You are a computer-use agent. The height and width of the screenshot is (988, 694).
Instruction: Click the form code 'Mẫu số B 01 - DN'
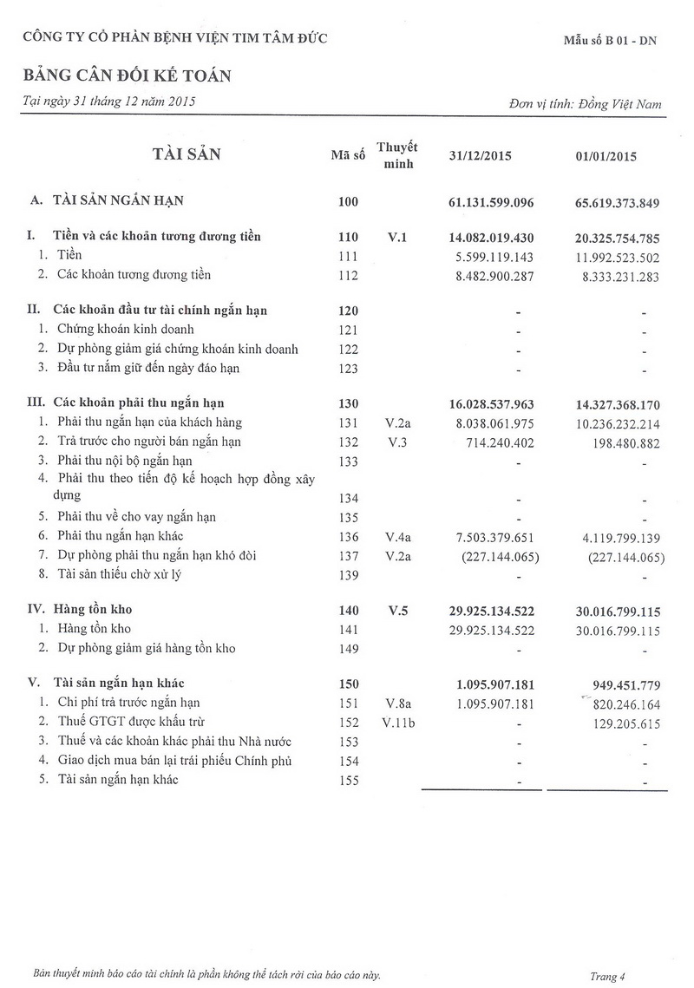(610, 41)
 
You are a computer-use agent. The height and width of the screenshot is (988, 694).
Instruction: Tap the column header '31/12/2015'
(480, 157)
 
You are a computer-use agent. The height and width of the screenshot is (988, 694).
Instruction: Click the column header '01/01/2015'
(606, 157)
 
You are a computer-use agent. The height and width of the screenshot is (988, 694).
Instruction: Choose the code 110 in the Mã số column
(348, 237)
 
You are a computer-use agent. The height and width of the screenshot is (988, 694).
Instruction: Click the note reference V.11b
(396, 722)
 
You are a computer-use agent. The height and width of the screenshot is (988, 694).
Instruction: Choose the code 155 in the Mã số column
(348, 780)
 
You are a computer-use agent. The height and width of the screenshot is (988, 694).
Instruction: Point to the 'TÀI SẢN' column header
(187, 154)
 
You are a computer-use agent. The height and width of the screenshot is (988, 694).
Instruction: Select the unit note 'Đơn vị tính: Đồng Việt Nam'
(586, 104)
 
